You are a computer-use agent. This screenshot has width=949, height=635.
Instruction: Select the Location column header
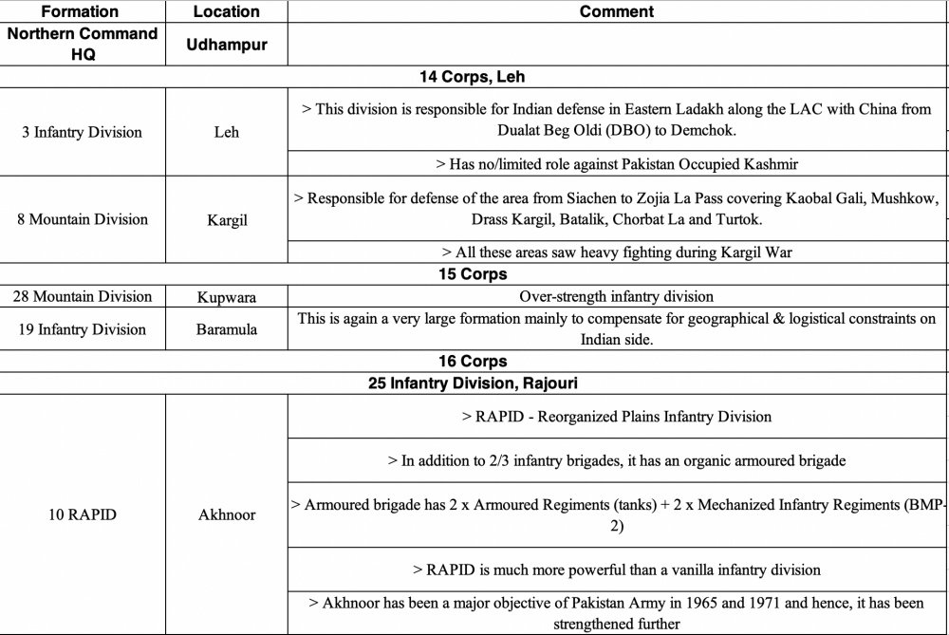[x=226, y=12]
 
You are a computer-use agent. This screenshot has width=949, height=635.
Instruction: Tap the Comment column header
[x=616, y=12]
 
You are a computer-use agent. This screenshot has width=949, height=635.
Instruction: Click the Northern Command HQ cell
[x=81, y=45]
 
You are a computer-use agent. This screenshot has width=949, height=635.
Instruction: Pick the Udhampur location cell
[x=226, y=45]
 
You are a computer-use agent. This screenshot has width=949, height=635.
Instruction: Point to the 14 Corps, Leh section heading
[x=472, y=77]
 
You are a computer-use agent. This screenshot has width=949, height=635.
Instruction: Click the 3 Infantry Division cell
[x=82, y=132]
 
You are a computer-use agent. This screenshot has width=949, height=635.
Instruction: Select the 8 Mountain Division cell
[x=82, y=219]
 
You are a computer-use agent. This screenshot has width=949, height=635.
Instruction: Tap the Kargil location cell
[x=226, y=219]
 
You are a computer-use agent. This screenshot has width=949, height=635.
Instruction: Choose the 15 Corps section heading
[x=472, y=274]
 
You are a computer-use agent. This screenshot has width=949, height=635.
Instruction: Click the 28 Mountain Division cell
[x=82, y=296]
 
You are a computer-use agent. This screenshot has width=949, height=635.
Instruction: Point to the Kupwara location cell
[x=226, y=296]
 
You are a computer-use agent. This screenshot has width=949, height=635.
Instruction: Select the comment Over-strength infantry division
[x=616, y=296]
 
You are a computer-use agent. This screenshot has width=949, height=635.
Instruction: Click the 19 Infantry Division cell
[x=82, y=329]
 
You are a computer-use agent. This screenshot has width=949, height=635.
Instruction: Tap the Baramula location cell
[x=226, y=329]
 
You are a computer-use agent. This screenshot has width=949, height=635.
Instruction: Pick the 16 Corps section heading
[x=472, y=362]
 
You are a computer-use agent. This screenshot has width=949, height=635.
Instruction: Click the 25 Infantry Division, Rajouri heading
[x=472, y=383]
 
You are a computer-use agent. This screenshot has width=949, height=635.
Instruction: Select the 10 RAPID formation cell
[x=82, y=515]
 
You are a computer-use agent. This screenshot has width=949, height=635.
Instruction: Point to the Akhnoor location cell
[x=226, y=515]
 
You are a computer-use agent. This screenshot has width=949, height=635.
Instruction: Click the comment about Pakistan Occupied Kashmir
[x=616, y=164]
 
